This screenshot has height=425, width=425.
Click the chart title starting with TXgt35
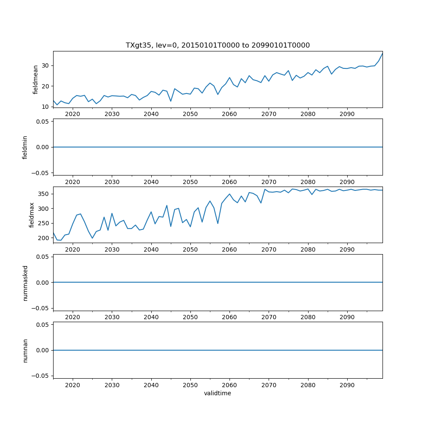(218, 45)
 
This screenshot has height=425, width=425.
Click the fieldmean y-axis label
(36, 79)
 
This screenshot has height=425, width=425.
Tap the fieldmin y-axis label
(25, 147)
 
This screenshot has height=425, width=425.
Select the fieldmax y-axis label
(32, 215)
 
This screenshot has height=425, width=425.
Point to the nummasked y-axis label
(25, 283)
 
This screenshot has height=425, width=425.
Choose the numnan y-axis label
(25, 350)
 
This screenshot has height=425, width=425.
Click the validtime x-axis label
(218, 394)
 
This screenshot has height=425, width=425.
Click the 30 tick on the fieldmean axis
(45, 65)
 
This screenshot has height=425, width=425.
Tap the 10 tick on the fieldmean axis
(45, 107)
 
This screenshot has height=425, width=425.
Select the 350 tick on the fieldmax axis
(43, 194)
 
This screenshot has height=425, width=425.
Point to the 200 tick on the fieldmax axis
(43, 238)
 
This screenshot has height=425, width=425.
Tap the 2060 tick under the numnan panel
(229, 385)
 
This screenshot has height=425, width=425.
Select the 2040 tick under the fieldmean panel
(151, 114)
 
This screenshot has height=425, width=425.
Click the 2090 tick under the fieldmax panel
(347, 250)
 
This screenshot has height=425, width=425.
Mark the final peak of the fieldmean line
(382, 54)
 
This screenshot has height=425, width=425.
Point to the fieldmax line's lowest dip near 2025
(92, 238)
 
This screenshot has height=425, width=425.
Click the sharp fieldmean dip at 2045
(171, 101)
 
